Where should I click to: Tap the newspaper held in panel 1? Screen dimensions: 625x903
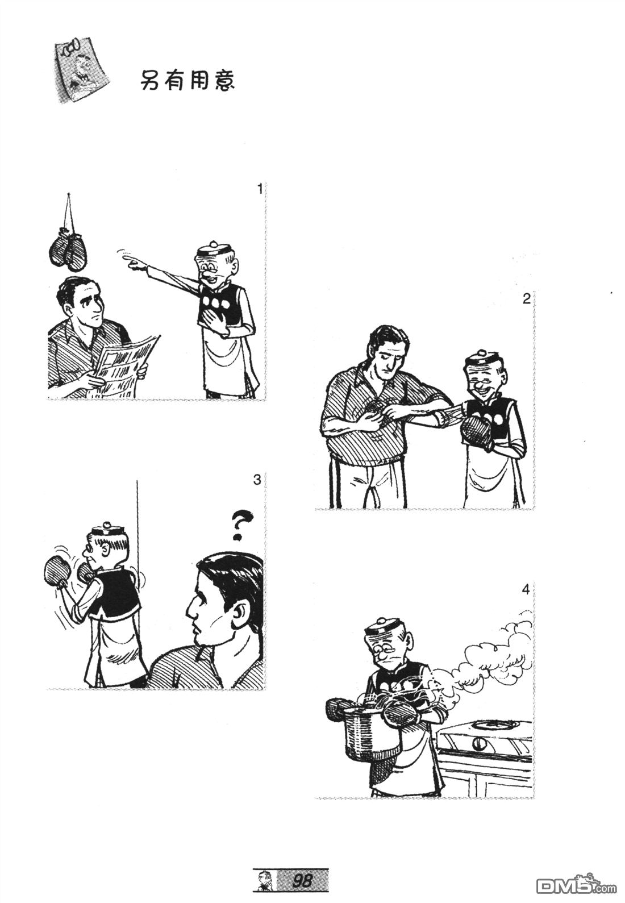121,365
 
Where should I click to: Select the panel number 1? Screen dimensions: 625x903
260,189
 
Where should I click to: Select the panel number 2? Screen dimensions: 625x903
526,299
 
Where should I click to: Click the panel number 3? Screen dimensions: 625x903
257,480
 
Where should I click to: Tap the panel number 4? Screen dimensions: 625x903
526,590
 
